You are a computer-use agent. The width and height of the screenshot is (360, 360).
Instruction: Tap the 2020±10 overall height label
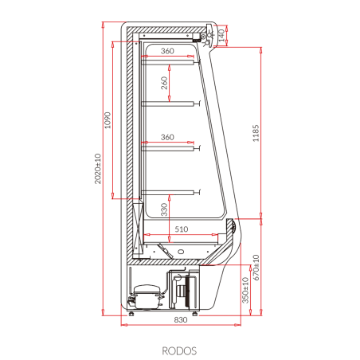coord(98,168)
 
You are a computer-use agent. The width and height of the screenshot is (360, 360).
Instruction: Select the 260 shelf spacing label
coord(164,83)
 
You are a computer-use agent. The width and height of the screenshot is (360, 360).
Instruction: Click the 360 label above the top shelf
coord(166,52)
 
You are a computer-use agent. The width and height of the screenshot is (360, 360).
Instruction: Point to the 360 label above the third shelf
coord(166,137)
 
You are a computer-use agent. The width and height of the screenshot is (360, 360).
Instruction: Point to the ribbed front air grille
coord(232,228)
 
